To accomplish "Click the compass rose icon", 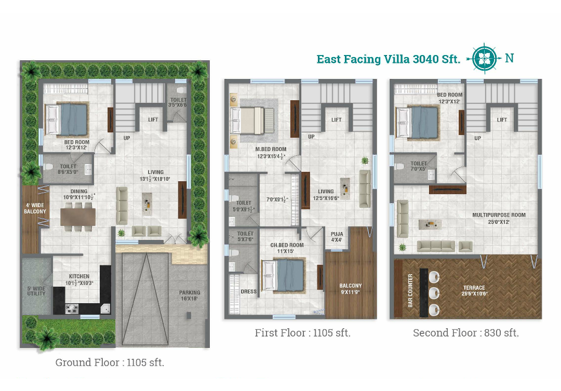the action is (484, 58).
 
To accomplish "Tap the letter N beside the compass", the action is (510, 58).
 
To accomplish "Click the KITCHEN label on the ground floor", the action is (79, 276).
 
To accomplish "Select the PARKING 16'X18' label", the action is (190, 295).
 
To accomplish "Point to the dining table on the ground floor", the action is (78, 217).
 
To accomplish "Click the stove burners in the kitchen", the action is (72, 308).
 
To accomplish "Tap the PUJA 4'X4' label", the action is (337, 237).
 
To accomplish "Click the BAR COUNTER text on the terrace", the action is (410, 290).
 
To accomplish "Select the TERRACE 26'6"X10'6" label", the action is (474, 290).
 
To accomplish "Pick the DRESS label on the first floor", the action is (249, 291).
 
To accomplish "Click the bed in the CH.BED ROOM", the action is (284, 275).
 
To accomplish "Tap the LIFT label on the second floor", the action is (502, 120).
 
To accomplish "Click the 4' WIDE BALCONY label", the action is (35, 208).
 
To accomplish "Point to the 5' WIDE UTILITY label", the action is (36, 291).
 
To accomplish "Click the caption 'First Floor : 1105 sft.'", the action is (302, 333).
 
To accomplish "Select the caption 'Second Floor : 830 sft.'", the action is (466, 333).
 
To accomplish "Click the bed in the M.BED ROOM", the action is (252, 120).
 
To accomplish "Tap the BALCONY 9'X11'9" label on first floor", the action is (350, 289).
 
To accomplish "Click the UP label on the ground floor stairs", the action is (127, 138).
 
